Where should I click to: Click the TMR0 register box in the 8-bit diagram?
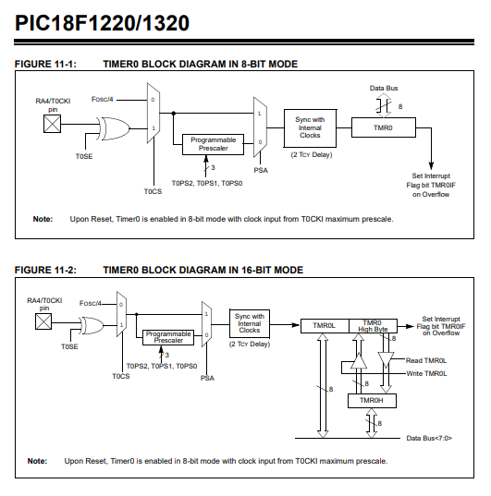pos(384,127)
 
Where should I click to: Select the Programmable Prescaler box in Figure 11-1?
pos(213,144)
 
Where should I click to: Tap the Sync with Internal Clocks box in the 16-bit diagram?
pos(250,323)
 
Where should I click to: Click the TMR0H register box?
pos(372,401)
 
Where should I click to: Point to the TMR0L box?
pos(325,326)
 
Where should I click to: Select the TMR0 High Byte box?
pos(373,326)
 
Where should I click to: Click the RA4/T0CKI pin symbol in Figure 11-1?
pos(53,124)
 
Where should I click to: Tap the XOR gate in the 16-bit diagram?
pos(92,325)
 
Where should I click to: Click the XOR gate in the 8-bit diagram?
pos(115,128)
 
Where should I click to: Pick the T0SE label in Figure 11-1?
pos(84,156)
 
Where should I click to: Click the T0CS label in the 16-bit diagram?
pos(121,376)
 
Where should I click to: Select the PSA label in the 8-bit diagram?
pos(261,170)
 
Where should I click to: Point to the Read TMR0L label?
pos(426,360)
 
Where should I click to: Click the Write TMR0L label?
pos(426,373)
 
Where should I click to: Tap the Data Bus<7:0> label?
pos(429,438)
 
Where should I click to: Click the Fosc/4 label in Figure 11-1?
pos(102,100)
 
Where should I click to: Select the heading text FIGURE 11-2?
pos(45,270)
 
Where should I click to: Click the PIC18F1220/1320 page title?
pos(102,23)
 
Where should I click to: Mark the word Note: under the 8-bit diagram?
pos(43,219)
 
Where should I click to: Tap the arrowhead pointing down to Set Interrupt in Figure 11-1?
pos(431,165)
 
